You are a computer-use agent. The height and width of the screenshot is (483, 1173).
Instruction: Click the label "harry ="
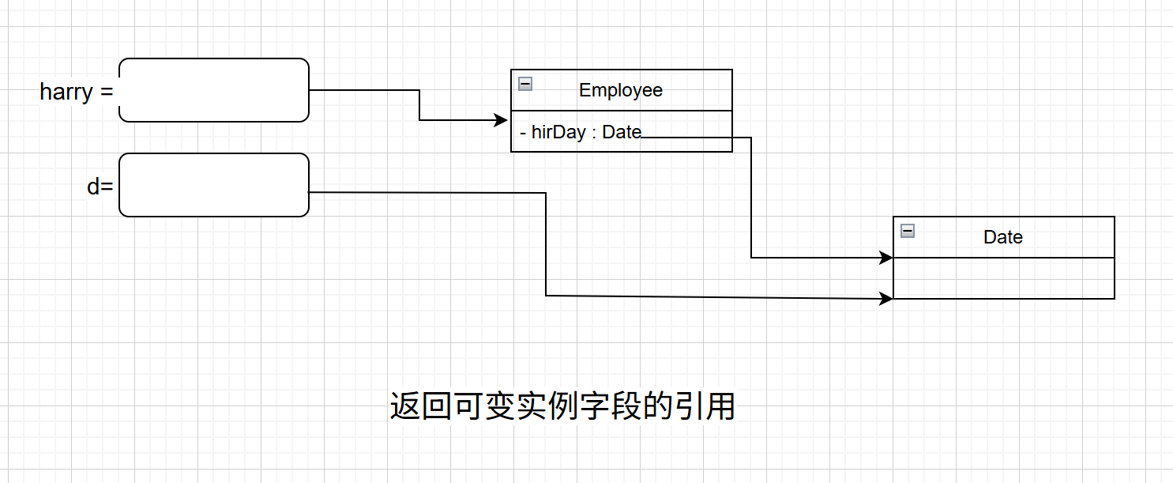click(76, 92)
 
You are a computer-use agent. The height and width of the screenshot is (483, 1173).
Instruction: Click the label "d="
click(100, 187)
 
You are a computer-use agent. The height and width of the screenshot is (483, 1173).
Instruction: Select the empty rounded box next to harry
click(213, 90)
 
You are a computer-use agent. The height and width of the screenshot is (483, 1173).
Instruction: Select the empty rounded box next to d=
click(213, 185)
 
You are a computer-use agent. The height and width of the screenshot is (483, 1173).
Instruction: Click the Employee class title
click(621, 90)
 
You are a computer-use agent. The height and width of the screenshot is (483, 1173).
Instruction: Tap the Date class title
click(1003, 237)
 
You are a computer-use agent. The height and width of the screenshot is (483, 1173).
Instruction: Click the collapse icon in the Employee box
click(525, 84)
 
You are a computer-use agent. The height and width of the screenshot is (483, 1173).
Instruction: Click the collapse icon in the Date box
click(908, 231)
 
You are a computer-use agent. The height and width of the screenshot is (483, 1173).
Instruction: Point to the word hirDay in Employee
click(558, 132)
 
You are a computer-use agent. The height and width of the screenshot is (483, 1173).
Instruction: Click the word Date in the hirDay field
click(622, 132)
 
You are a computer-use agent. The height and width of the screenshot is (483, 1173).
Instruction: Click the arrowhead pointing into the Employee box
click(501, 120)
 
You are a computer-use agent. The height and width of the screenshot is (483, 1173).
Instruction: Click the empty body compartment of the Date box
click(1003, 278)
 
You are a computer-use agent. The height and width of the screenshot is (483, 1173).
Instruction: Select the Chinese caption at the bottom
click(562, 406)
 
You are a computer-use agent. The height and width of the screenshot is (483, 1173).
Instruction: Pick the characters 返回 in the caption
click(422, 406)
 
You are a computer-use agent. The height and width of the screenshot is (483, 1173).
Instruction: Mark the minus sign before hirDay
click(523, 133)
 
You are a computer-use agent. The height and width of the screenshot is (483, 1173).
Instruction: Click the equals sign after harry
click(107, 92)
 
